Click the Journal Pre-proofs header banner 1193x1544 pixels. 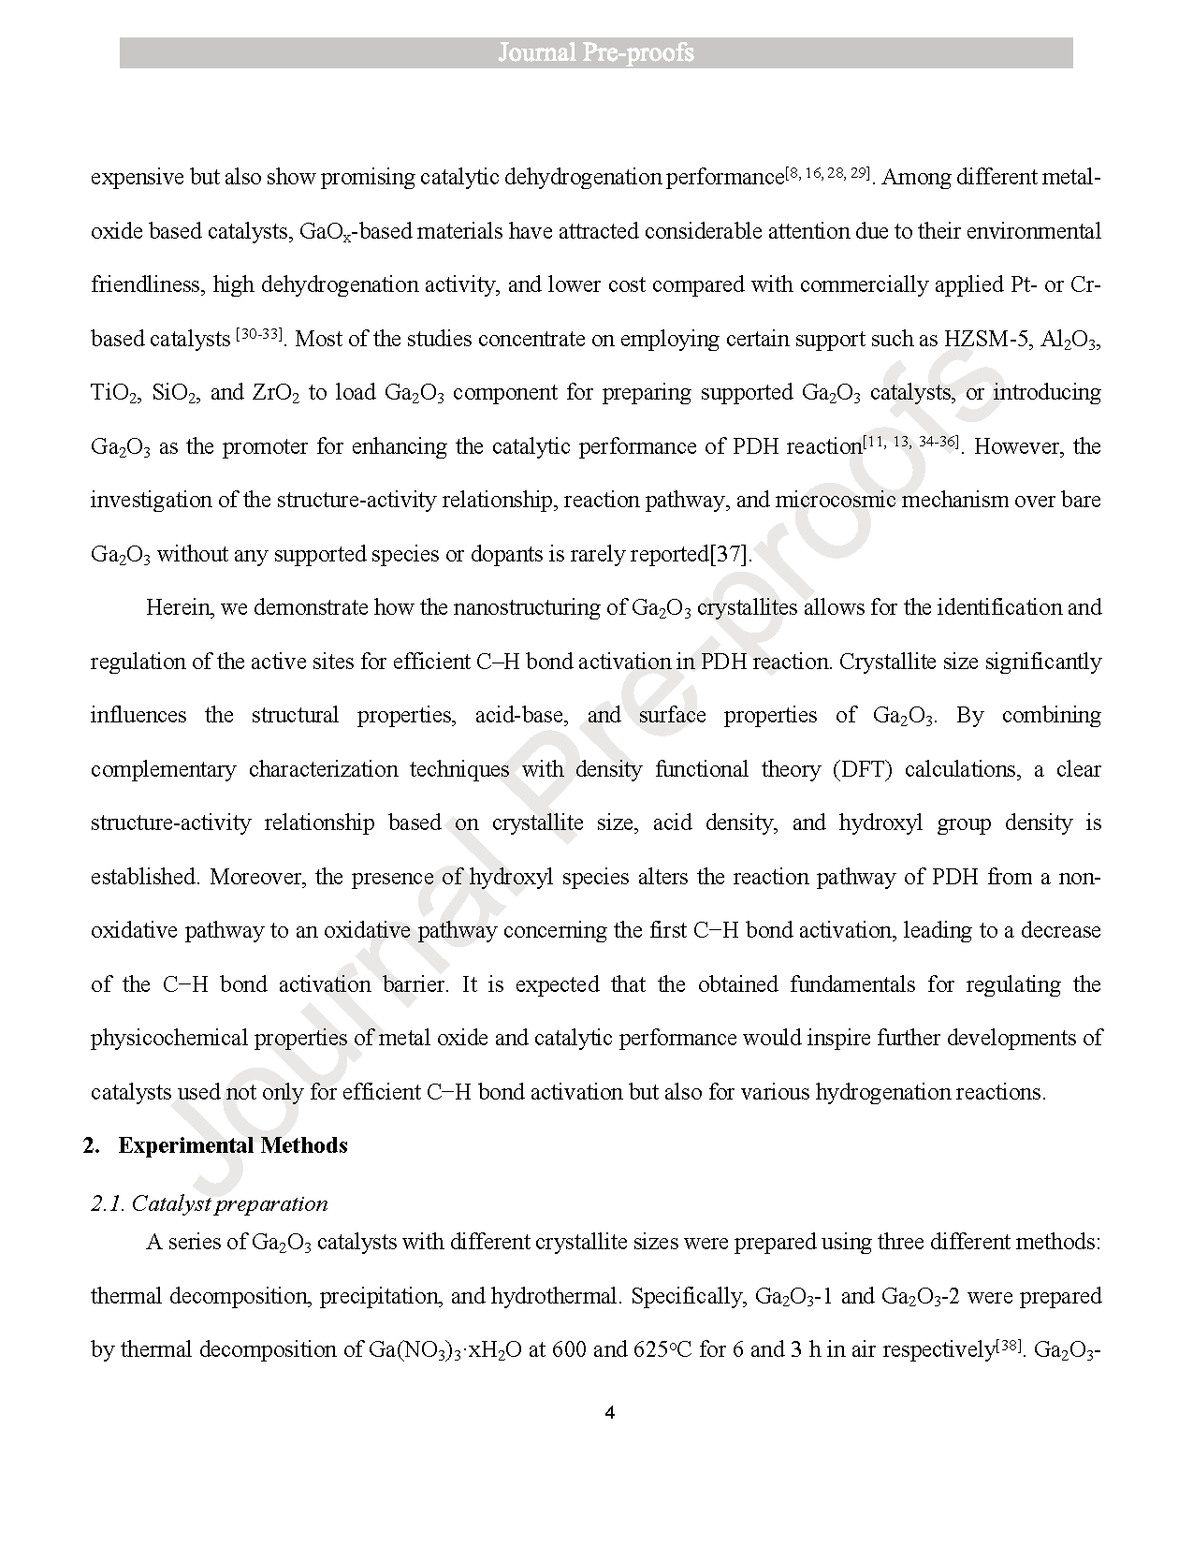pyautogui.click(x=596, y=52)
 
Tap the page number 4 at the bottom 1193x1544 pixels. pyautogui.click(x=609, y=1413)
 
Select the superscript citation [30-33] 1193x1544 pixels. pyautogui.click(x=260, y=334)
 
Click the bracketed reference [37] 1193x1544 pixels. pyautogui.click(x=731, y=554)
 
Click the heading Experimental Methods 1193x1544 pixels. pyautogui.click(x=233, y=1145)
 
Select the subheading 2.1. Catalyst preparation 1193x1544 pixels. pyautogui.click(x=210, y=1203)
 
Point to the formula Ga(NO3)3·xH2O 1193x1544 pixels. pyautogui.click(x=439, y=1350)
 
